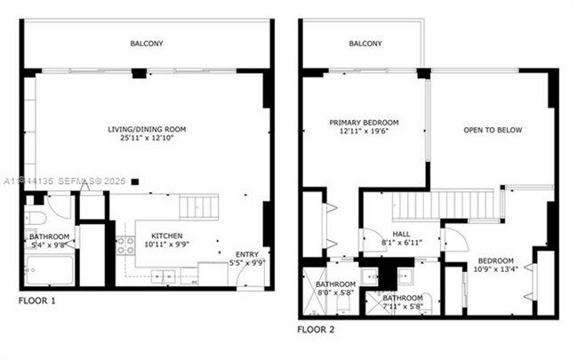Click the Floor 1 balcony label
coord(147,44)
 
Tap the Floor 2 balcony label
coord(365,44)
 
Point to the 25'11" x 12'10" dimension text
coord(147,140)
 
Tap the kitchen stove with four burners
coord(124,244)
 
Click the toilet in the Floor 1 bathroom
coord(36,216)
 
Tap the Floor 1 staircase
coord(198,207)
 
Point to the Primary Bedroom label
coord(364,122)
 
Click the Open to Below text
coord(492,131)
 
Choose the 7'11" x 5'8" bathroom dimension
coord(402,307)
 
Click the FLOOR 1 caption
coord(36,301)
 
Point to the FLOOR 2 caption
coord(316,329)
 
